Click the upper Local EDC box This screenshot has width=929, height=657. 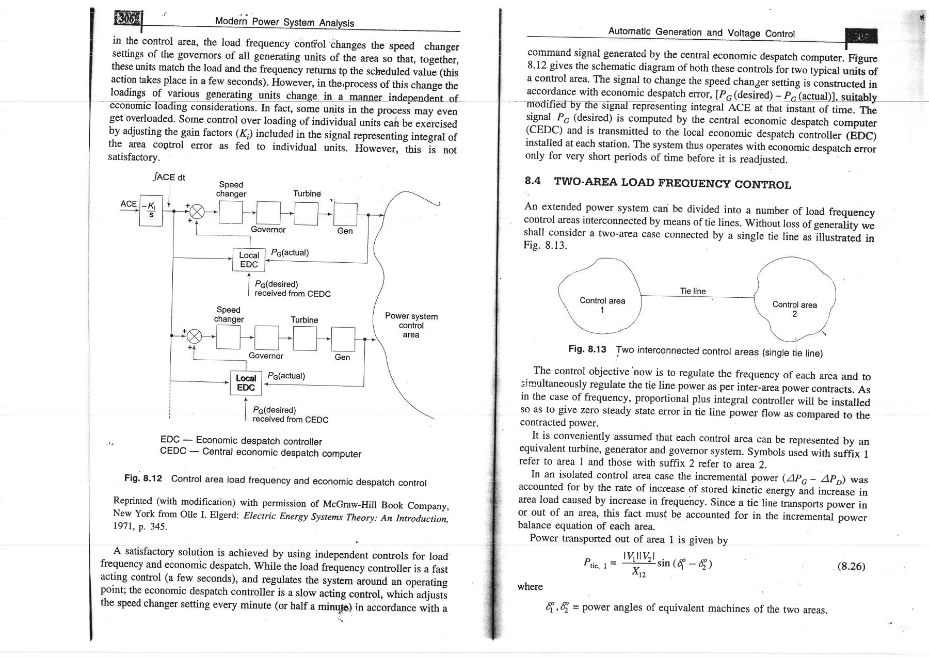coord(249,260)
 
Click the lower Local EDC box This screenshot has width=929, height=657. coord(246,383)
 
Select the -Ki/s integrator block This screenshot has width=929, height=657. coord(151,211)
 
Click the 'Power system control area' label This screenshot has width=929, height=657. coord(411,325)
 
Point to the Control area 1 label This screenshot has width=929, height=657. coord(602,305)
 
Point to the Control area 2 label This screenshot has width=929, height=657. coord(794,309)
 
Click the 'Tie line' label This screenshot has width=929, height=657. coord(693,291)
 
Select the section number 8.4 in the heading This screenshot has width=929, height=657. coord(534,181)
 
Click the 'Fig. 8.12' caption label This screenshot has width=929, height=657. coord(143,478)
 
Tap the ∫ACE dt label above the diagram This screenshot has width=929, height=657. coord(169,178)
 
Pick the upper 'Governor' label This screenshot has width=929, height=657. coord(268,230)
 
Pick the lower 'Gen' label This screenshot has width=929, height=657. coord(342,357)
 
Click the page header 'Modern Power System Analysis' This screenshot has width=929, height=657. coord(284,22)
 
